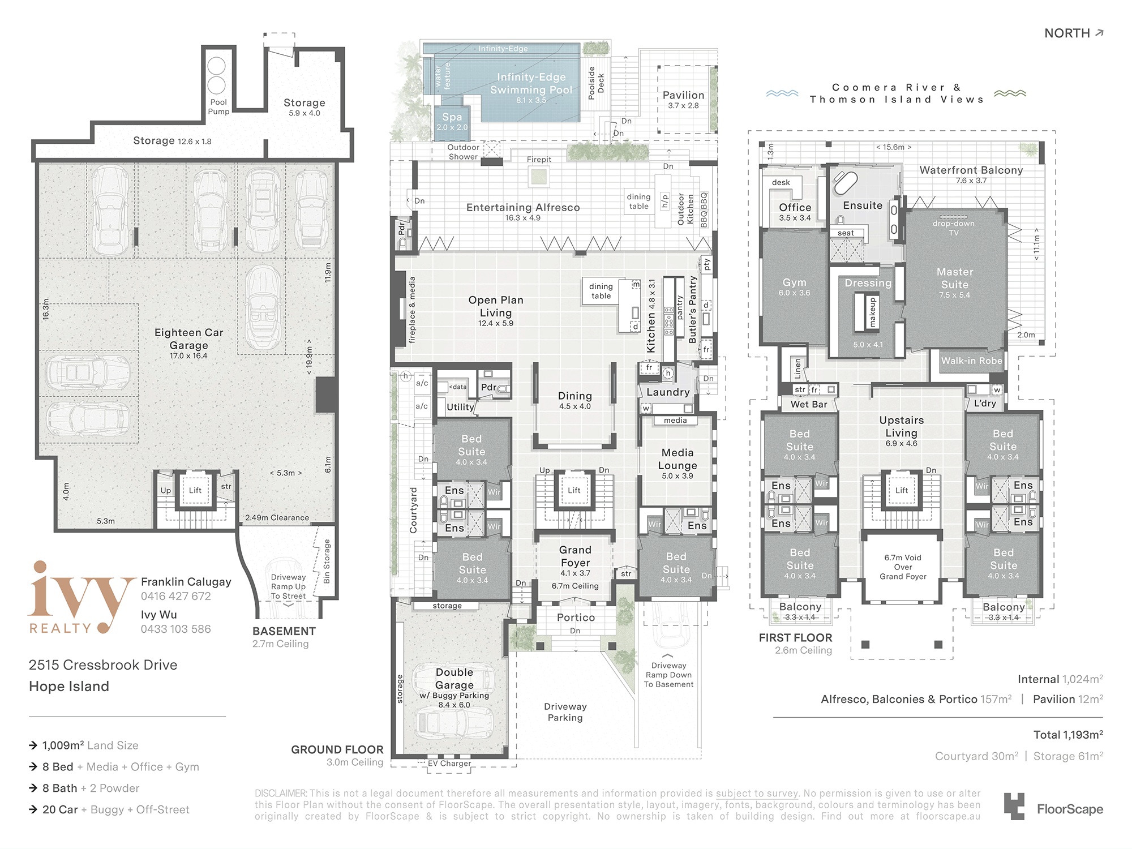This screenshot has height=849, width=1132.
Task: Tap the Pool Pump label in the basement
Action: (218, 107)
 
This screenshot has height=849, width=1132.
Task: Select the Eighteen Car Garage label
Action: (189, 338)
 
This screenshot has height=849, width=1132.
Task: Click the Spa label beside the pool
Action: (452, 117)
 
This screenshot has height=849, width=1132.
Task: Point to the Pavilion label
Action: (684, 95)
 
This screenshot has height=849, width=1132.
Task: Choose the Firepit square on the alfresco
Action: (539, 177)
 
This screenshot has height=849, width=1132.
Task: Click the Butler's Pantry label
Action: (693, 310)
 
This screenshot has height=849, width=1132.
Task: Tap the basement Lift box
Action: (195, 490)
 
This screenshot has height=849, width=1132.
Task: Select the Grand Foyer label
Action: (575, 556)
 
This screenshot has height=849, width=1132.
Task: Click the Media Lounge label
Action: (678, 459)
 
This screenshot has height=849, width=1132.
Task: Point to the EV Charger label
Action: (449, 764)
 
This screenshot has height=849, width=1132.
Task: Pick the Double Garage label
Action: (454, 679)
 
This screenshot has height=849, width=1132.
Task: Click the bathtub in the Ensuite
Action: (846, 184)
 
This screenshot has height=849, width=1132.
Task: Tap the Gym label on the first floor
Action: (795, 282)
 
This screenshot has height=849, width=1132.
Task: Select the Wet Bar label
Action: (809, 404)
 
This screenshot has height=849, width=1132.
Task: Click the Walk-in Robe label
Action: (972, 361)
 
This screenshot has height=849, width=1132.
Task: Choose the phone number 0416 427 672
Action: (176, 596)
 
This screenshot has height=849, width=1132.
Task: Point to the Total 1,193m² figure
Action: (1068, 735)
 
